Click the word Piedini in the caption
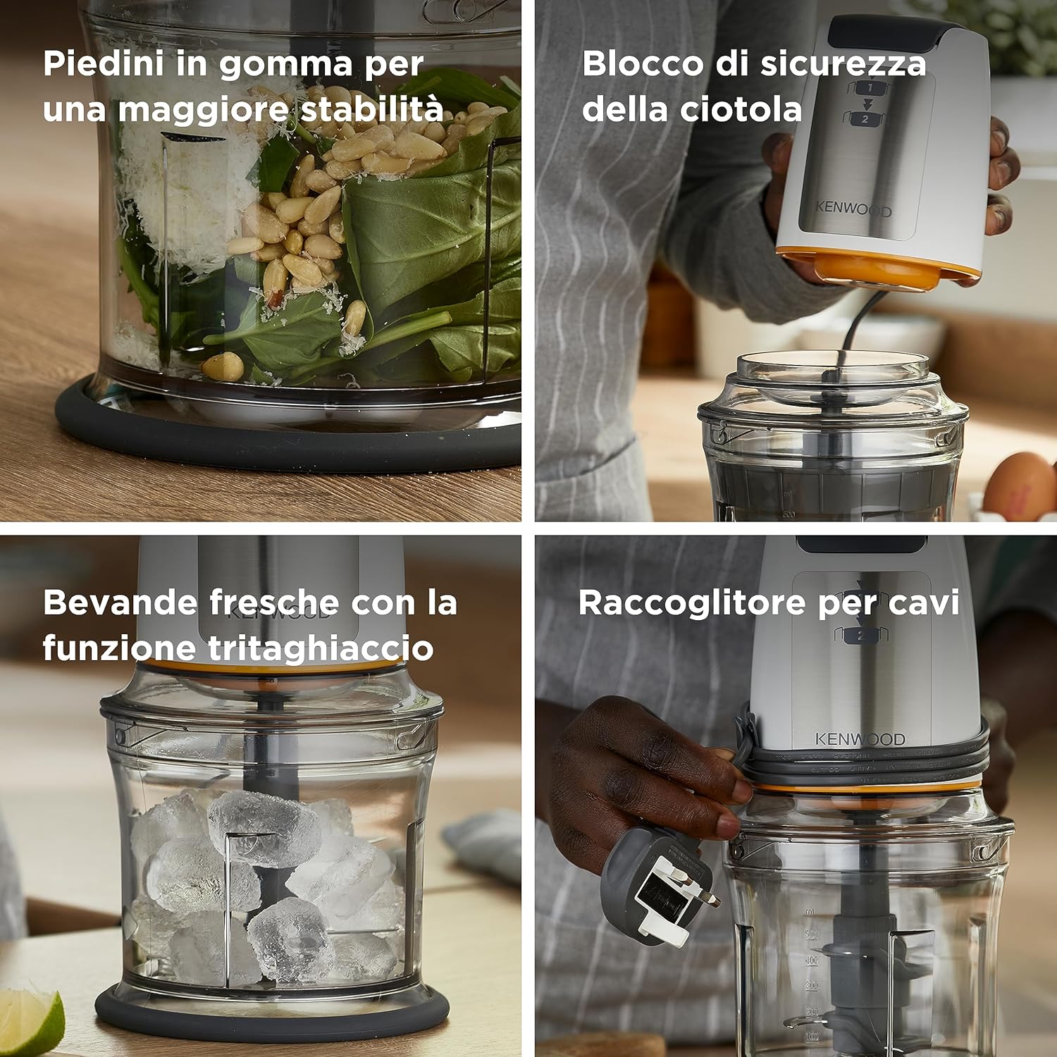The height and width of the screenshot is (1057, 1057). tap(104, 64)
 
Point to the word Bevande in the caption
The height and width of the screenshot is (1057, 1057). tap(120, 603)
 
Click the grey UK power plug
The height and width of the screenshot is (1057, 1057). tap(655, 888)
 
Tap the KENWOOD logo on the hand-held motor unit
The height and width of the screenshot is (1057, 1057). tap(853, 209)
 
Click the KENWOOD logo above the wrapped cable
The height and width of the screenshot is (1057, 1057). tap(860, 739)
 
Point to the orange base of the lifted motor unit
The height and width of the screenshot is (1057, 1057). tap(881, 271)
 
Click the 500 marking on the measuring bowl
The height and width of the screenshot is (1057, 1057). tap(812, 935)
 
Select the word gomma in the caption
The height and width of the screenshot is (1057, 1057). tap(285, 64)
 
